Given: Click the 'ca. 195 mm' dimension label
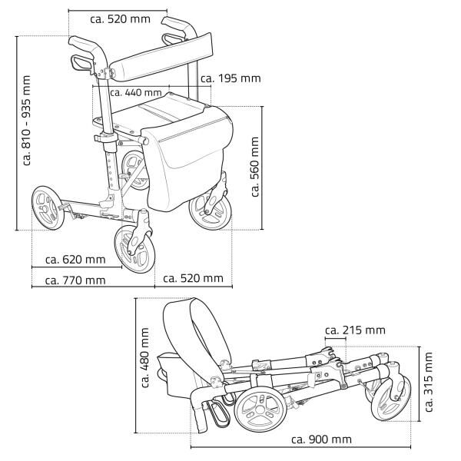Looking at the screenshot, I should point(230,78).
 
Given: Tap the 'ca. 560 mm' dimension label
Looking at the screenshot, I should point(256,167).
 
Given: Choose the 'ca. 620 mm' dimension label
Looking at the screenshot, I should point(75,260).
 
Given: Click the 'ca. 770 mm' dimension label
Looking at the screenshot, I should point(75,280).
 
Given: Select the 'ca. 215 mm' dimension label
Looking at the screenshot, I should point(354,330).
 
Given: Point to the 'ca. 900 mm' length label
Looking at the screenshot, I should point(321,439).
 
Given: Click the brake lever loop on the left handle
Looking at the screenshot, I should point(79,60).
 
